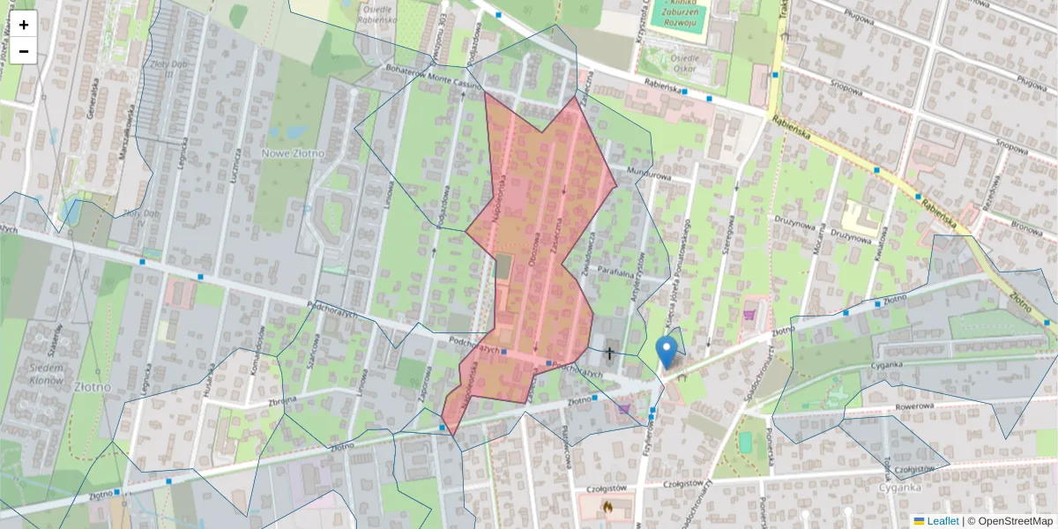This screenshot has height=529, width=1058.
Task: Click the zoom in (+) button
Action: click(24, 25)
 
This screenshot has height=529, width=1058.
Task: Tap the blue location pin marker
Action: click(667, 352)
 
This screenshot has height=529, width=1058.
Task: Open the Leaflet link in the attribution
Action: click(943, 521)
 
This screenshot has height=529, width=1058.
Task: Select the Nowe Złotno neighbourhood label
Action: click(293, 153)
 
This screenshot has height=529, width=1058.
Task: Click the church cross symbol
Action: click(608, 354)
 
